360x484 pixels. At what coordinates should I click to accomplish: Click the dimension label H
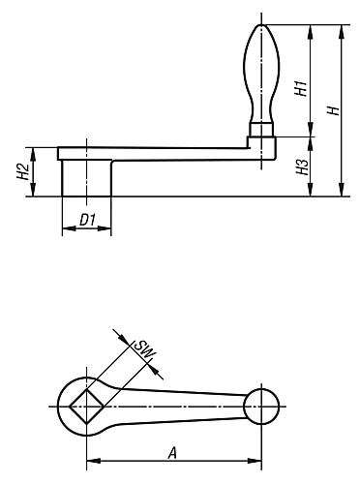[x=332, y=110]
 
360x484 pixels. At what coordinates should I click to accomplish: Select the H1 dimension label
[x=301, y=88]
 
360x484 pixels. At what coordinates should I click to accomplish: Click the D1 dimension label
[x=85, y=221]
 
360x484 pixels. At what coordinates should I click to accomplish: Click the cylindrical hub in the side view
[x=86, y=178]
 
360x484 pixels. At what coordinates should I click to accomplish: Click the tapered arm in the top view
[x=174, y=406]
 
